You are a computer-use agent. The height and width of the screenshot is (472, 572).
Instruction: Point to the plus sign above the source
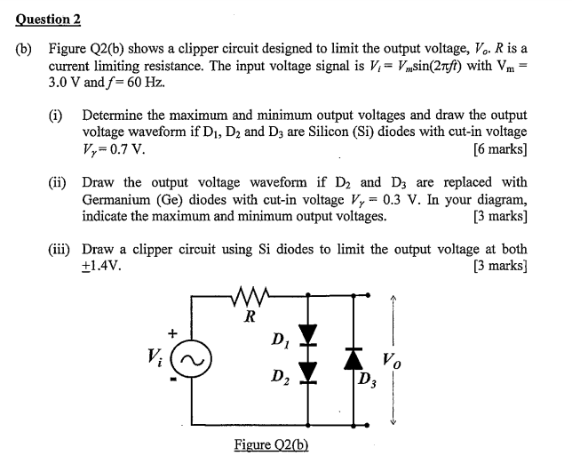click(x=174, y=332)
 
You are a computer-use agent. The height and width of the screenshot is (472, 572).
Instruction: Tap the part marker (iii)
click(x=60, y=249)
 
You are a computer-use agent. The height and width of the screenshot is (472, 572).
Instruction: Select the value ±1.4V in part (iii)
click(x=102, y=265)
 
